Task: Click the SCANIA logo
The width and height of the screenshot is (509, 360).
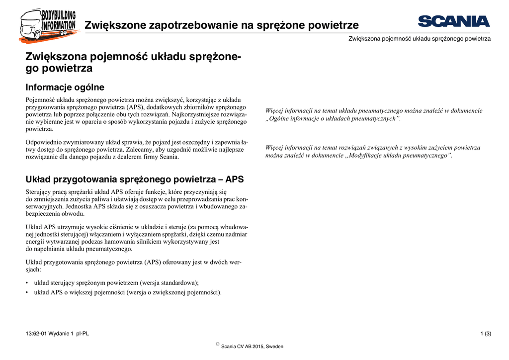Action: (x=453, y=21)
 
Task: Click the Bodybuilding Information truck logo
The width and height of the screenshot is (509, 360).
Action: (x=47, y=25)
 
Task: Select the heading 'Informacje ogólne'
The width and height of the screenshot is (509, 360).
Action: (x=65, y=88)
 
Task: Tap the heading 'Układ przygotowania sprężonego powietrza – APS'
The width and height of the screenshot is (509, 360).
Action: (x=134, y=179)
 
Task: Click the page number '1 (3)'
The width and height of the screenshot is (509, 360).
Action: (x=486, y=333)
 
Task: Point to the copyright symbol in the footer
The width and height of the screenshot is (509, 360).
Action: (x=217, y=344)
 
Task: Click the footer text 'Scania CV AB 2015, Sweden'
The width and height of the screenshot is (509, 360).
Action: (x=252, y=347)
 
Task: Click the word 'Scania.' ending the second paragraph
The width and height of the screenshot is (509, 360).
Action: (x=168, y=157)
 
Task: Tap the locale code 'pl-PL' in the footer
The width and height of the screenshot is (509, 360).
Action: (x=83, y=333)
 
